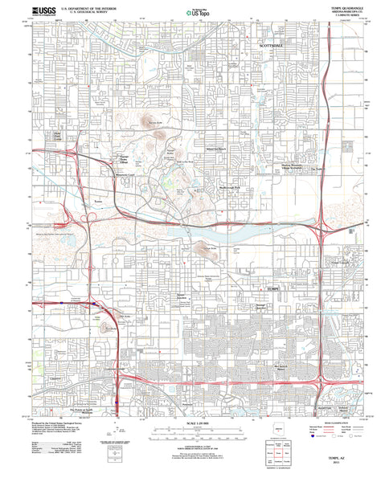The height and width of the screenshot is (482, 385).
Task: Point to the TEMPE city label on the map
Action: point(264,287)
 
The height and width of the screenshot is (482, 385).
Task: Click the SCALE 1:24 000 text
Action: point(192,423)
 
